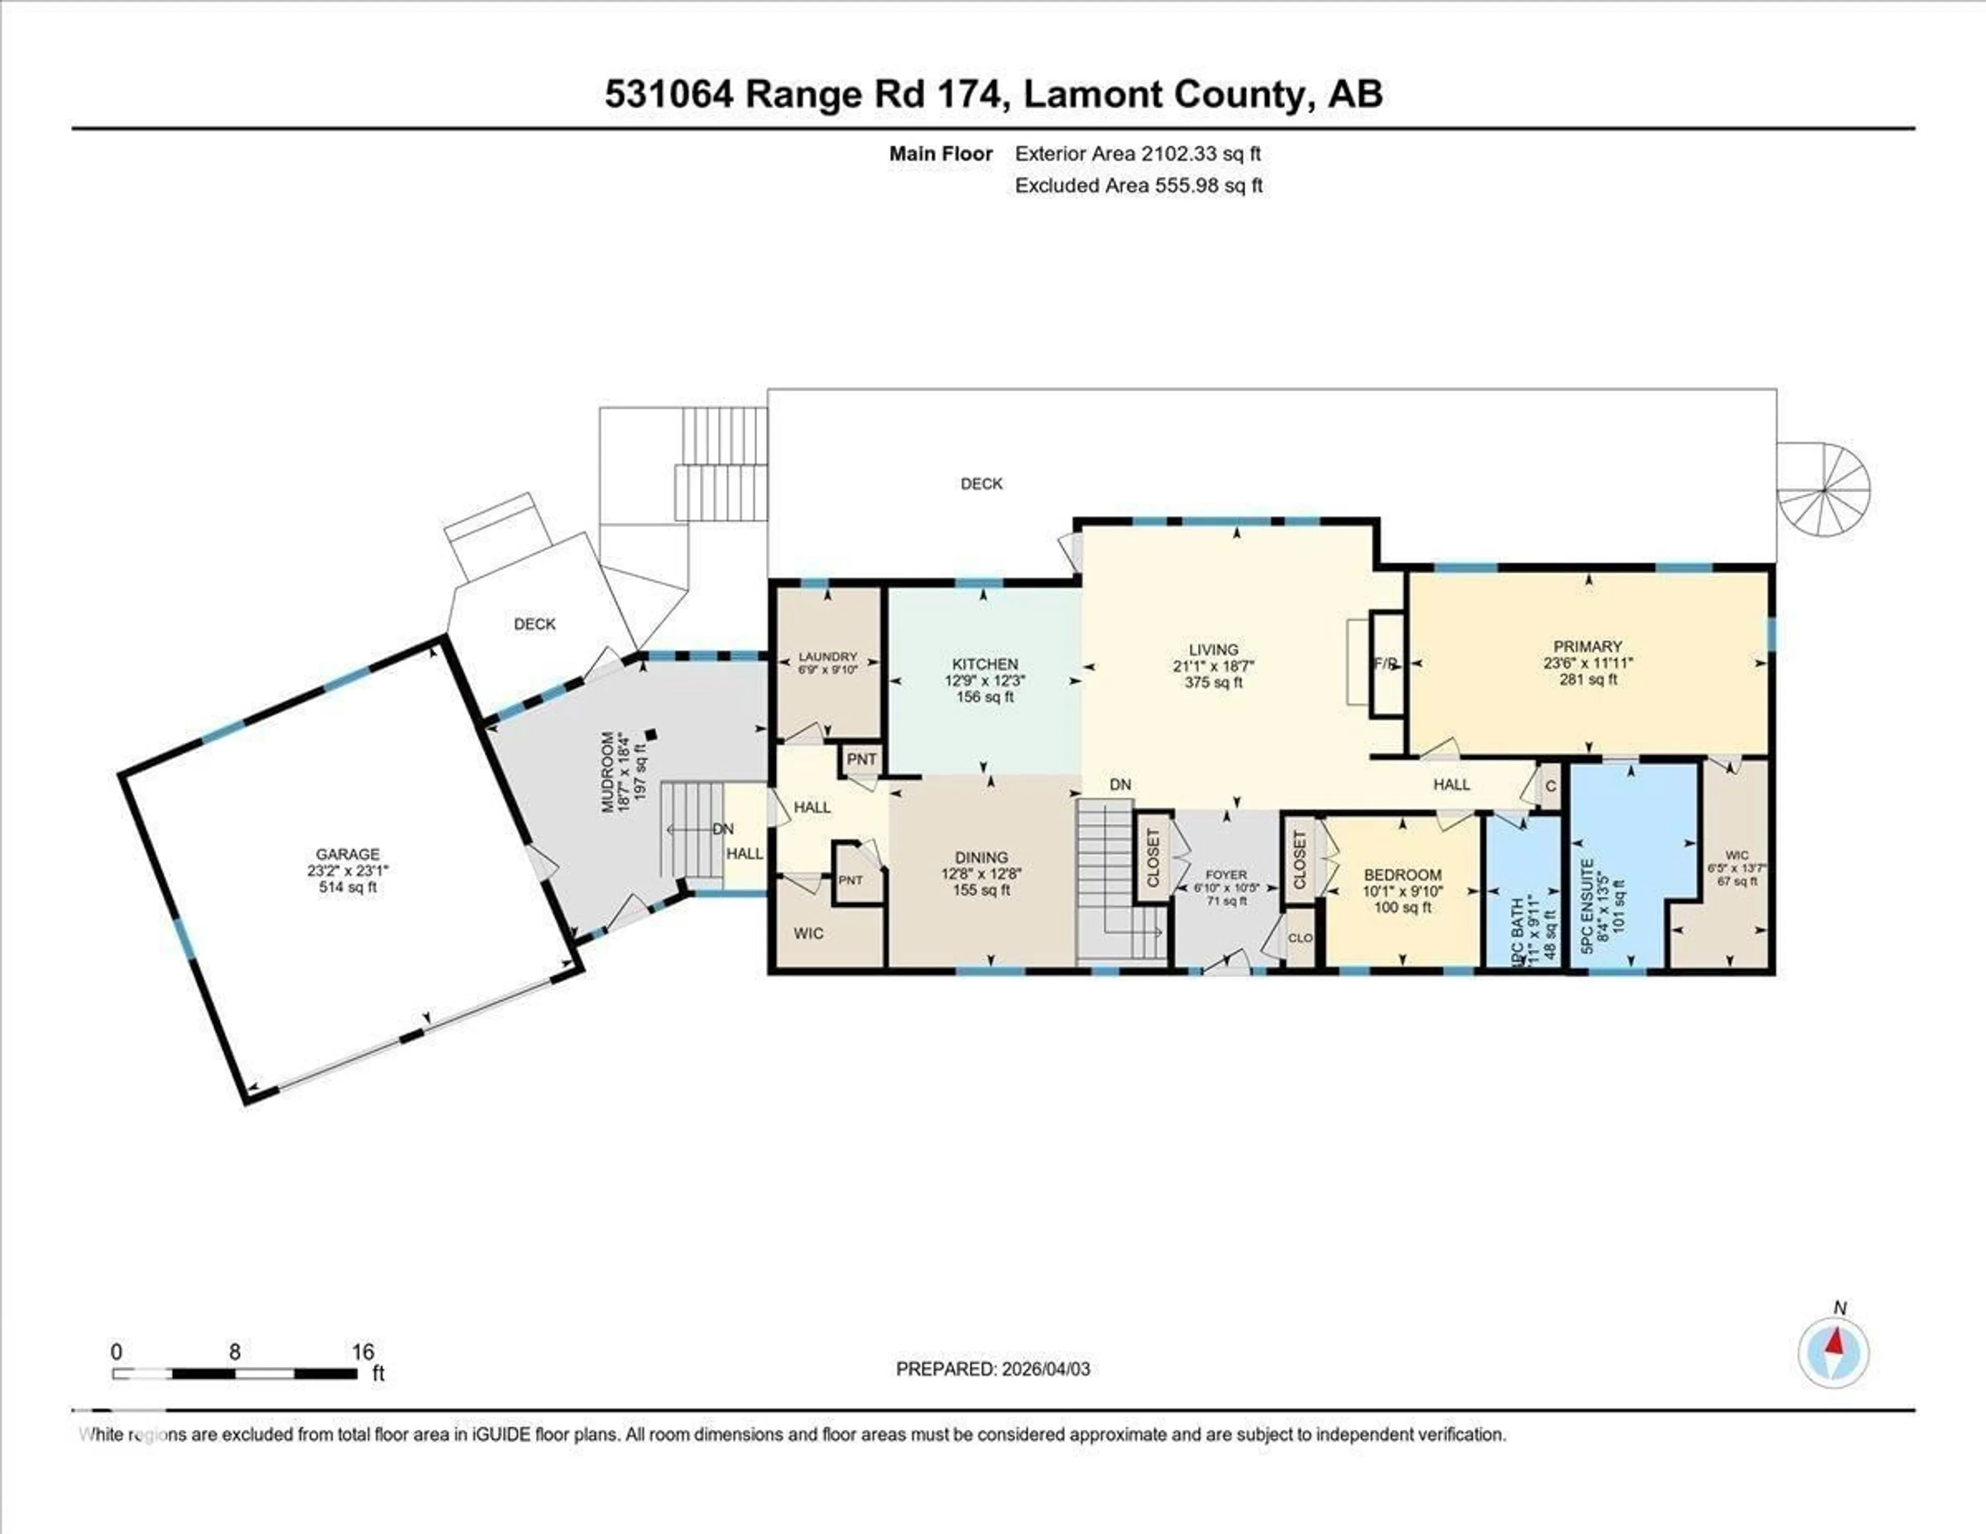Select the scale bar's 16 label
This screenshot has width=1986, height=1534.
363,1352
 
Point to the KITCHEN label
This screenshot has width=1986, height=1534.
985,665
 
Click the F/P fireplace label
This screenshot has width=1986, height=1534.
1385,664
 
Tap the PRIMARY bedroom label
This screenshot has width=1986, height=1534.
1588,646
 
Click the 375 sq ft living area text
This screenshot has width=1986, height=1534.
1213,682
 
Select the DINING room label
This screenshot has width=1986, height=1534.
981,858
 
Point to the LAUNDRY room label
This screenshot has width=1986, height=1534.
827,656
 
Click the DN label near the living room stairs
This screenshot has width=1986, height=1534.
1120,785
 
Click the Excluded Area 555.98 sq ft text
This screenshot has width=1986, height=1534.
1138,186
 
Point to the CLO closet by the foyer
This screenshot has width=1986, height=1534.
1300,938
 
